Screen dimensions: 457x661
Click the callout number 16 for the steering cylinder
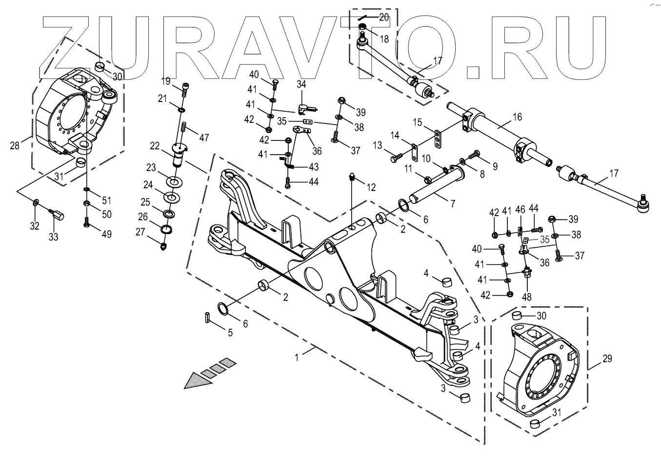coord(517,117)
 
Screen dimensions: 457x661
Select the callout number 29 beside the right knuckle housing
coord(607,359)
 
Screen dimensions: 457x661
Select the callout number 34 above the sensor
coord(301,84)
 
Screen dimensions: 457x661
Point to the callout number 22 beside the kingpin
coord(155,146)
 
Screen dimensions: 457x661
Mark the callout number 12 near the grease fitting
coord(372,187)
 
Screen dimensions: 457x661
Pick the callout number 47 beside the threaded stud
coord(204,138)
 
